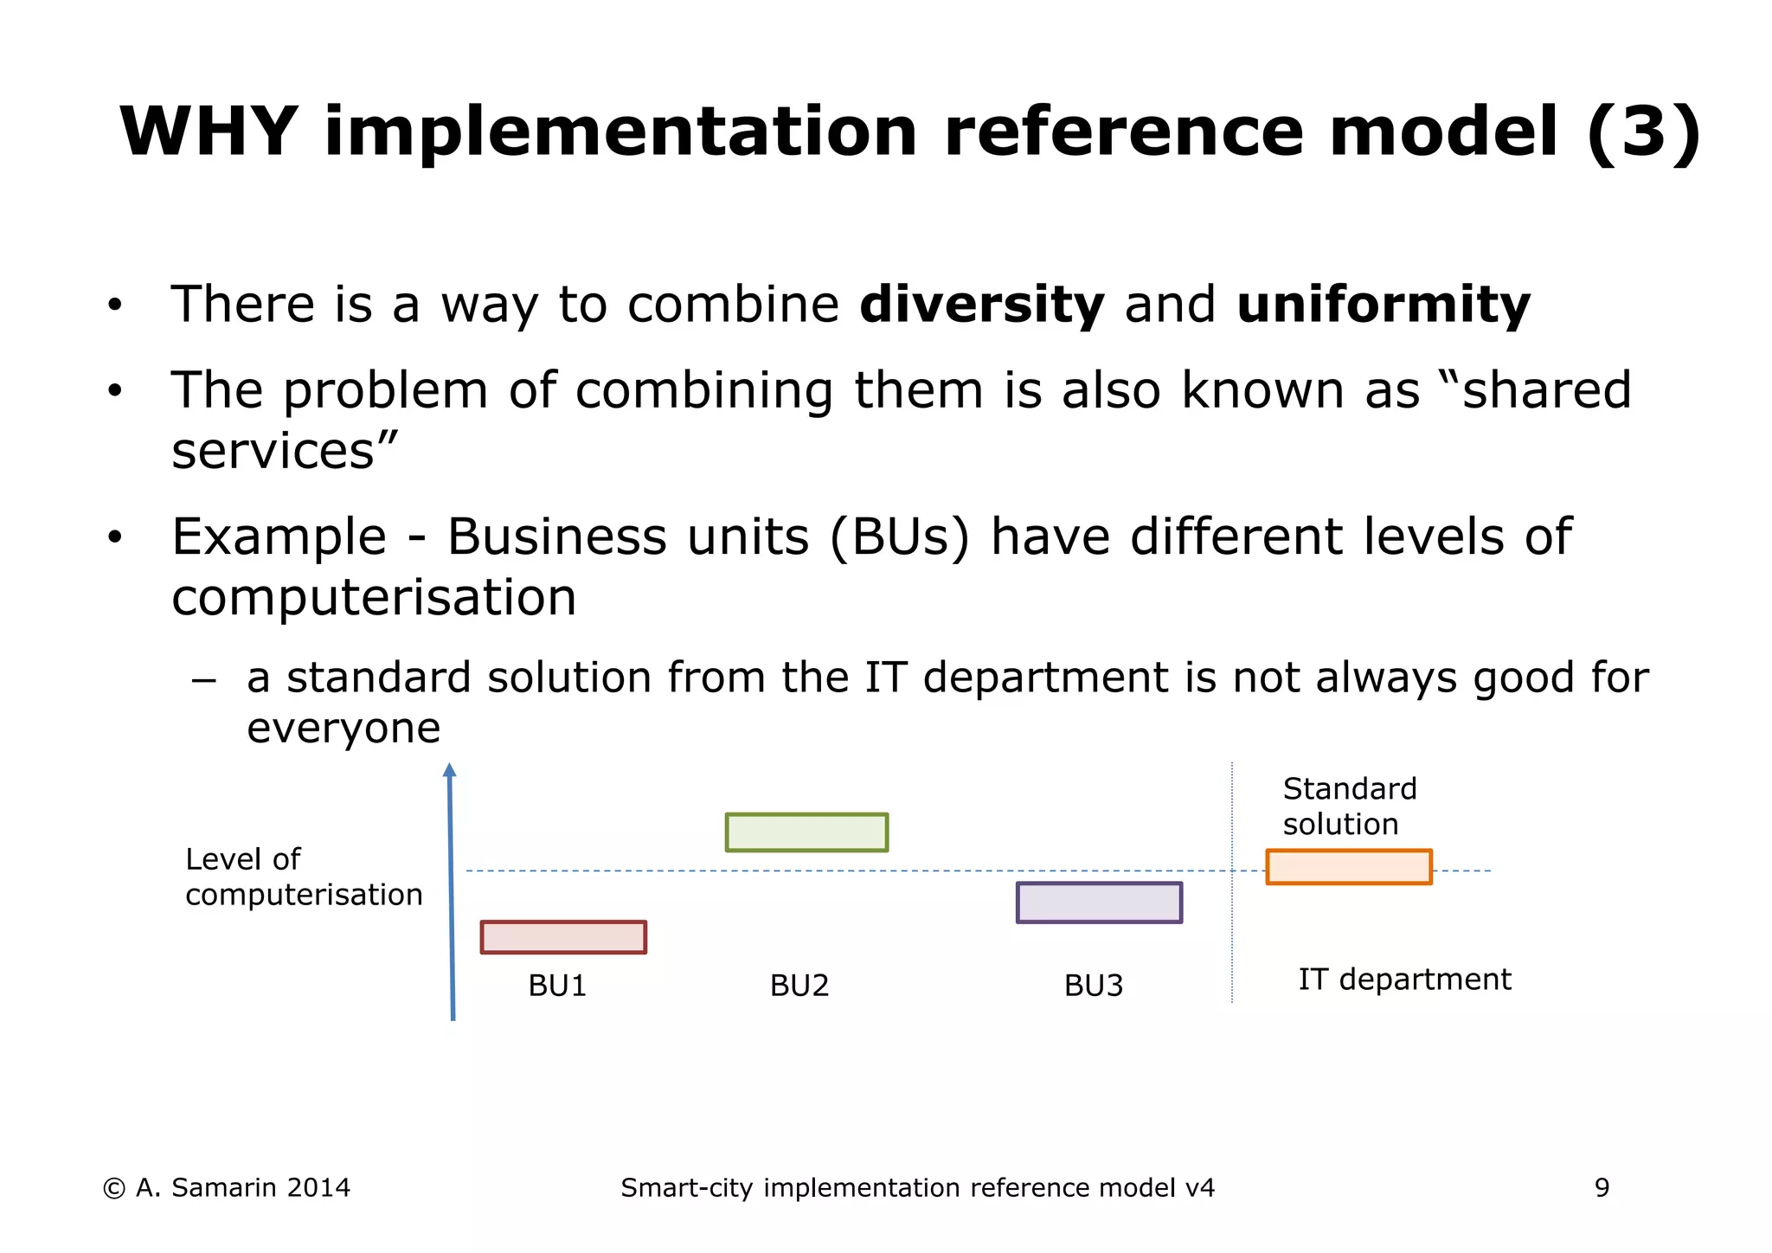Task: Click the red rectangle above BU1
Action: tap(563, 937)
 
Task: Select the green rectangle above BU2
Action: tap(806, 832)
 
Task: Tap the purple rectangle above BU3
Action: tap(1099, 903)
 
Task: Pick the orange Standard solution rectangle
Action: tap(1349, 867)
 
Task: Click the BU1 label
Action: tap(557, 986)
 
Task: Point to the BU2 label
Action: tap(799, 986)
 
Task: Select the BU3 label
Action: tap(1093, 986)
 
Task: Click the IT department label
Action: tap(1404, 980)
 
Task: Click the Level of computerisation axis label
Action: tap(303, 877)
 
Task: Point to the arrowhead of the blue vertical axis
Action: tap(449, 770)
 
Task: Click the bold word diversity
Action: tap(981, 305)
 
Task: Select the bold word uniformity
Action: tap(1383, 305)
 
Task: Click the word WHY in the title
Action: tap(209, 132)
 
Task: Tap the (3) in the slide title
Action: tap(1643, 132)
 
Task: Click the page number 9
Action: tap(1602, 1188)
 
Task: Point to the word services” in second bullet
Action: tap(285, 452)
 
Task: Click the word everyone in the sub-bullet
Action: tap(343, 728)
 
